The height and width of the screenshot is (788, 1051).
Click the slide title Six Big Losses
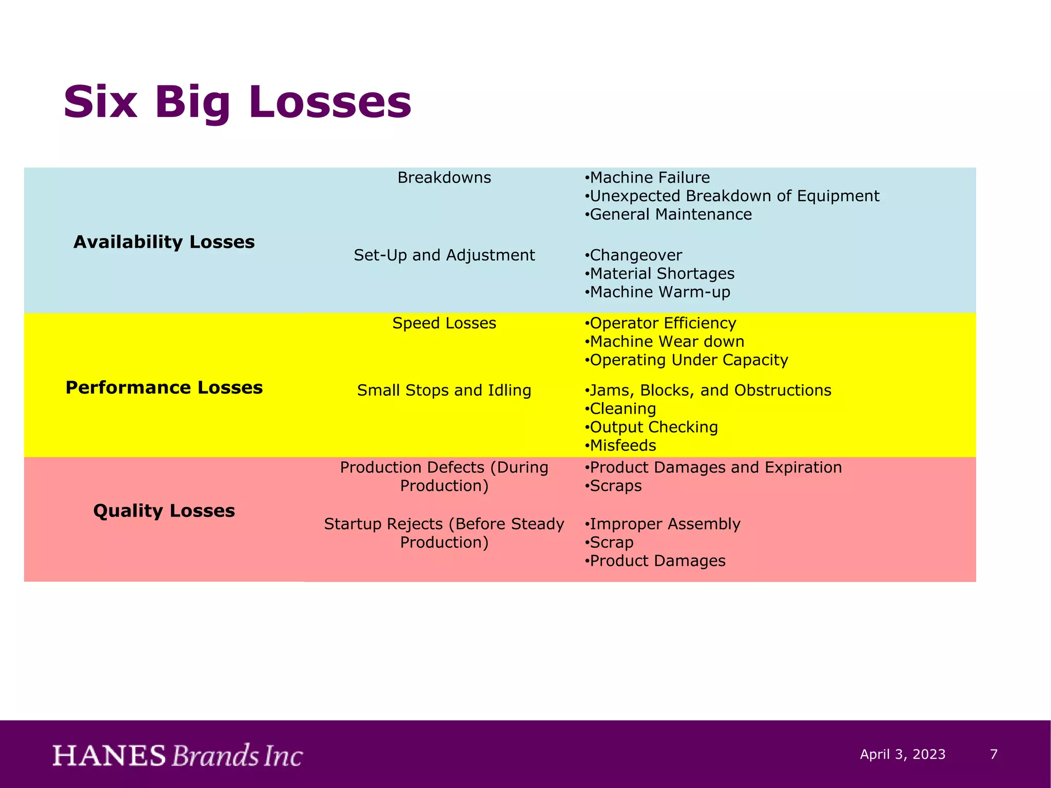tap(237, 102)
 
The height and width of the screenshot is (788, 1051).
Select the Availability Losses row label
tap(164, 242)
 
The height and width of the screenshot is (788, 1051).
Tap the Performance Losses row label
tap(164, 387)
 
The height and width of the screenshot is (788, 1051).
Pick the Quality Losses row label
tap(164, 510)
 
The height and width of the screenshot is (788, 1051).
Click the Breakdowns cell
tap(444, 178)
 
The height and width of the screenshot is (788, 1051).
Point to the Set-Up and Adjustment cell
tap(444, 255)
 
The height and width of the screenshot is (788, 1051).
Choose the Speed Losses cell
tap(444, 323)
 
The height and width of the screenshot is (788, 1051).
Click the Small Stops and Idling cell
tap(444, 390)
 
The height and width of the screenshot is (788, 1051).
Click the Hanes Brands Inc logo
tap(178, 755)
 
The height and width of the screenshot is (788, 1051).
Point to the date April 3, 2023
tap(903, 754)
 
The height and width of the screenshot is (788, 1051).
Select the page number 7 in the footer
tap(994, 754)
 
